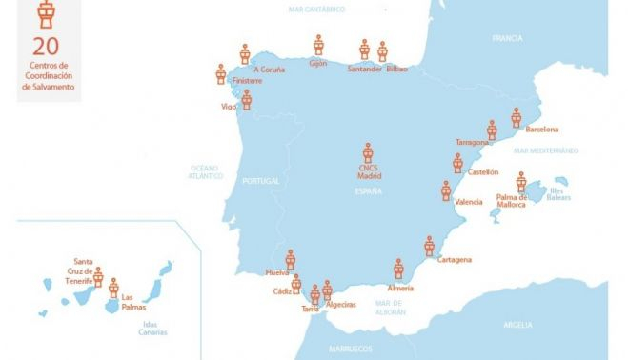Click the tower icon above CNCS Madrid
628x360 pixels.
(368, 152)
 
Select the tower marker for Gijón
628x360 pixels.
(319, 45)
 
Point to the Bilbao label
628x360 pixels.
(396, 69)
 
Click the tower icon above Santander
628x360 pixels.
(364, 49)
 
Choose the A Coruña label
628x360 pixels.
(270, 69)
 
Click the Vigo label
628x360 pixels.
(229, 107)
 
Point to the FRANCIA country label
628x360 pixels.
(507, 39)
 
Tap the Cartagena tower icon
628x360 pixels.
(430, 246)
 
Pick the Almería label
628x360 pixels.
(401, 288)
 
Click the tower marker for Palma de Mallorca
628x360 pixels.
(521, 183)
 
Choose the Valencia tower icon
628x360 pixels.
(445, 190)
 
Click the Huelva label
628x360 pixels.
(277, 273)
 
